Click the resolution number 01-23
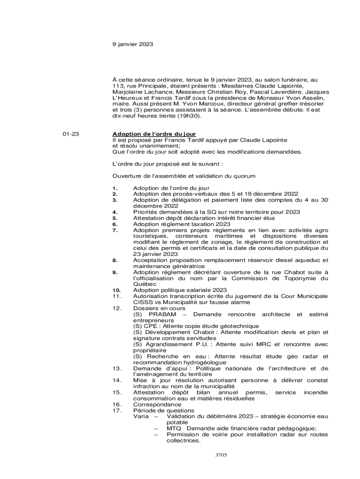[71, 134]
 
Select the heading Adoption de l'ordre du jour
[154, 134]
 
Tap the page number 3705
[221, 454]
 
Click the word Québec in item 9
[145, 284]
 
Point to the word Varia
[142, 416]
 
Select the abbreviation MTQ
[174, 428]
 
